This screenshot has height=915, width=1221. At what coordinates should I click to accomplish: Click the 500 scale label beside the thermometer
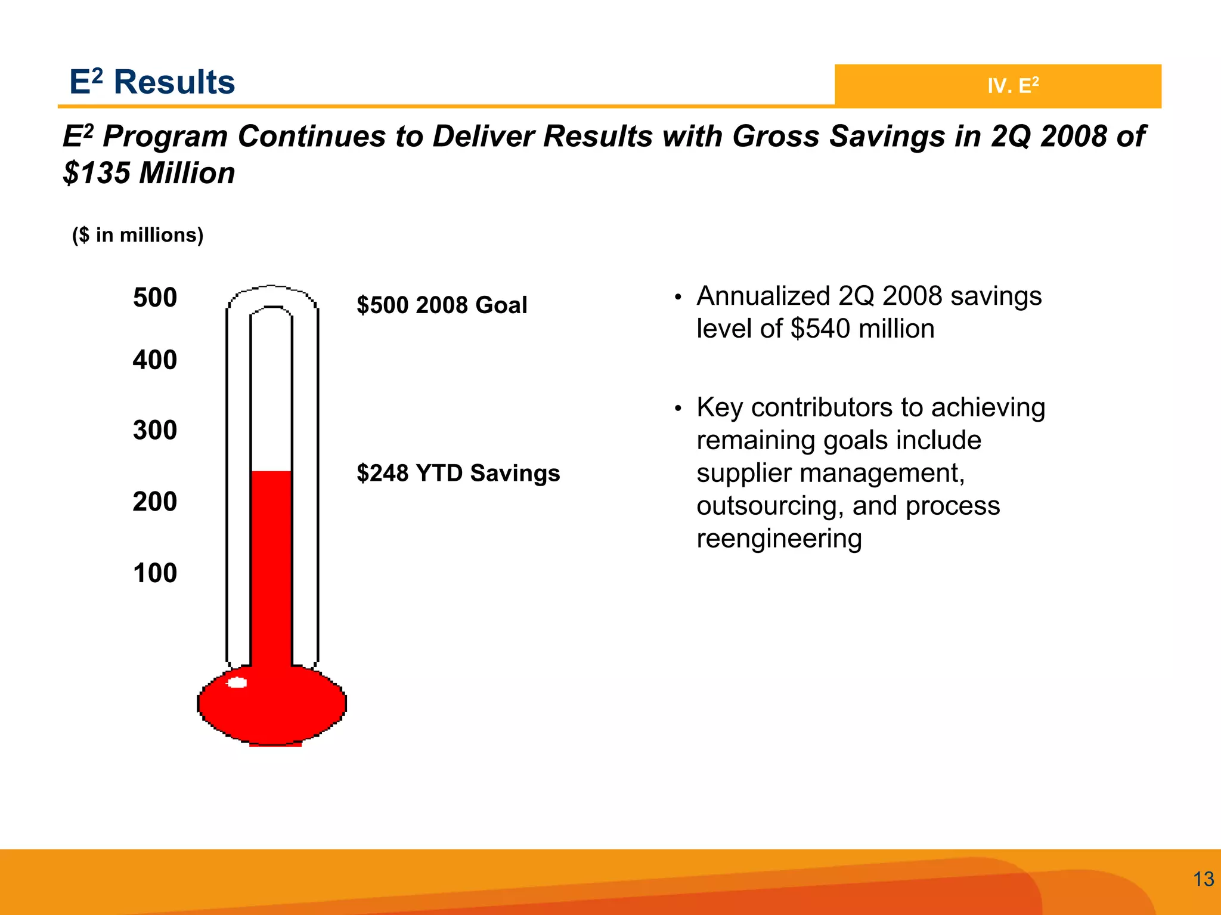tap(155, 298)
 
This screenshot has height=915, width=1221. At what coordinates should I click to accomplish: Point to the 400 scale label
tap(155, 360)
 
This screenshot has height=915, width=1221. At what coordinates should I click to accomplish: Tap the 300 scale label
tap(155, 430)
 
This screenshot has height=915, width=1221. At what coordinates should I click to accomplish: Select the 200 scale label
tap(155, 502)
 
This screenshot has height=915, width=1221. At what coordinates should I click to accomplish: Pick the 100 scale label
tap(155, 573)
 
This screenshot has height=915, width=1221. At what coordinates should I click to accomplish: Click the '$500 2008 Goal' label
tap(442, 305)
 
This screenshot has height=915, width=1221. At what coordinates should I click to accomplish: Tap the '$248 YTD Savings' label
tap(458, 473)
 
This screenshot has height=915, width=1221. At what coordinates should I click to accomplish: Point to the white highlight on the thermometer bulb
tap(237, 683)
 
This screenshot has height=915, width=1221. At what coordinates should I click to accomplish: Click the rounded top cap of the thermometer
tap(272, 296)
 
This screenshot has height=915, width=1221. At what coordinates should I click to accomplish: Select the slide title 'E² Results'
tap(152, 82)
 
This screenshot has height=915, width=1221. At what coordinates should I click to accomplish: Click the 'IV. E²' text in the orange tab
tap(1013, 86)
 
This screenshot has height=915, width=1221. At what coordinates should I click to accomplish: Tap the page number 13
tap(1203, 879)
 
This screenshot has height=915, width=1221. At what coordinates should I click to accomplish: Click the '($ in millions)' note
tap(138, 235)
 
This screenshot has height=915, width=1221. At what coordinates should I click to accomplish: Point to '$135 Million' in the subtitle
tap(149, 174)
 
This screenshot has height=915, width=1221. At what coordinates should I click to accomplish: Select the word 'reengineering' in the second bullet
tap(779, 539)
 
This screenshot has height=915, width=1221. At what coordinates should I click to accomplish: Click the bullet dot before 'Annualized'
tap(677, 297)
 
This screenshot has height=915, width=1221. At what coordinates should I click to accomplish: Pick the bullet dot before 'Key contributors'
tap(677, 409)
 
